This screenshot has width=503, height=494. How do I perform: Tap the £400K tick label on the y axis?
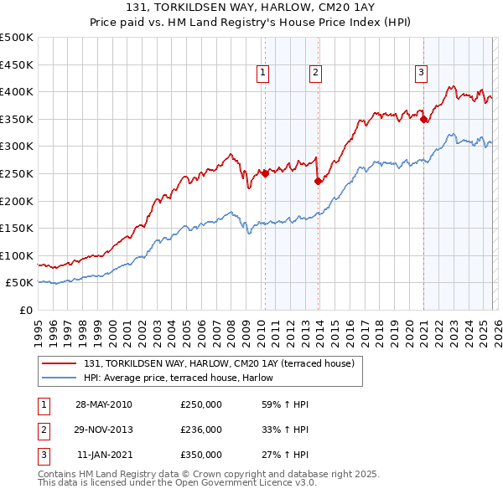coord(17,91)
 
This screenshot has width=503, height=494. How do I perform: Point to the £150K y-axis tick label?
coord(17,228)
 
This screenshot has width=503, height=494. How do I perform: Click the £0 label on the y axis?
coord(26,310)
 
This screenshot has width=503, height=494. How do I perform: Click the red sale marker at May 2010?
coord(265,173)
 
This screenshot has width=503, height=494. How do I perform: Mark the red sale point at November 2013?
coord(318,181)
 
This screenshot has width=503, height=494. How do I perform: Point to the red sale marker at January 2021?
coord(423,119)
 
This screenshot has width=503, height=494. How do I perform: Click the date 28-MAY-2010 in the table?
coord(103,404)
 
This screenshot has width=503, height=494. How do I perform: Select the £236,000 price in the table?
coord(201,430)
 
